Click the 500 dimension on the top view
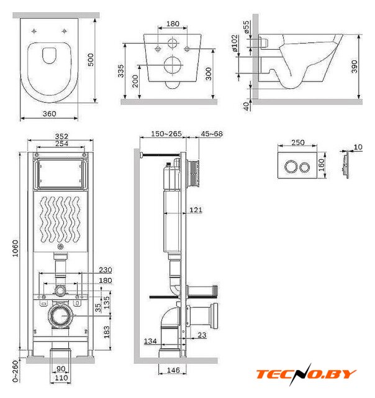(x=91, y=60)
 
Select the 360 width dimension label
(x=50, y=114)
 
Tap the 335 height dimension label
(x=121, y=71)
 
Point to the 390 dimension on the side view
(x=355, y=67)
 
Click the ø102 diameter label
(x=235, y=43)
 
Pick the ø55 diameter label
(x=246, y=27)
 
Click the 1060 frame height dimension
(x=16, y=248)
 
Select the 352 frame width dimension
(x=61, y=136)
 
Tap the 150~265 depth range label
(x=166, y=134)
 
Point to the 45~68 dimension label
(x=212, y=134)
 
